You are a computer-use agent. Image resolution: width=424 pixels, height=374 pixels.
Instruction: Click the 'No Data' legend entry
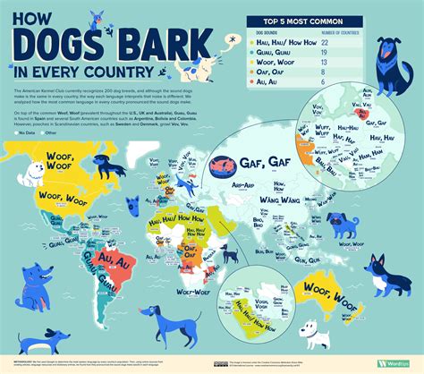point(28,132)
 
